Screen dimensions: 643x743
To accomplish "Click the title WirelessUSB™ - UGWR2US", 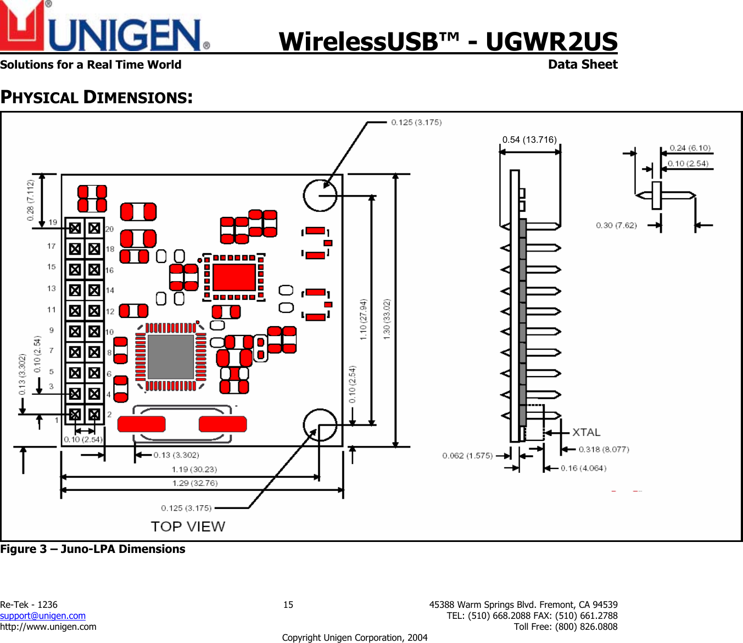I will (x=448, y=42).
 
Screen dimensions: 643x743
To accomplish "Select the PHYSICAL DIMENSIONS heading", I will (x=96, y=97).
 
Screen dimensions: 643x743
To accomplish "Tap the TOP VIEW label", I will (x=188, y=526).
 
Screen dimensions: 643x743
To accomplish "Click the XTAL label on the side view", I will (x=586, y=432).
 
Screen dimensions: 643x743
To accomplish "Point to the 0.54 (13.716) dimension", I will (x=529, y=139).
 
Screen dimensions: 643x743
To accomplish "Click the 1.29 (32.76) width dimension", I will (x=194, y=483).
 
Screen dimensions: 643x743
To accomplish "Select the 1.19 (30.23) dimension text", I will (x=194, y=469).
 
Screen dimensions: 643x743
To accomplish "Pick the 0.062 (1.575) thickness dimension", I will (x=467, y=455).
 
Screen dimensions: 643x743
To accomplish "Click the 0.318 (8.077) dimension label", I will (x=604, y=449).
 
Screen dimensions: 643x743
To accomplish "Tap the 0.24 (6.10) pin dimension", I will (x=690, y=148).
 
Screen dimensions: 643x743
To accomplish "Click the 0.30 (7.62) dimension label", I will (x=616, y=225).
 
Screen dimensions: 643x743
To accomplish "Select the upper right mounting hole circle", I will (x=320, y=195).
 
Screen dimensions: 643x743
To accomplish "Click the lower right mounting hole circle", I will (x=320, y=425).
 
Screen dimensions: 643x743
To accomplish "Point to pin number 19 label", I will (x=53, y=222).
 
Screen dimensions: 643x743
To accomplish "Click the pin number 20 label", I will (x=109, y=229).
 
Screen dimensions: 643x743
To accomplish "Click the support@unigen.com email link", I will (x=43, y=616).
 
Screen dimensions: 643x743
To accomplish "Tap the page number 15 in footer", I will (x=288, y=605).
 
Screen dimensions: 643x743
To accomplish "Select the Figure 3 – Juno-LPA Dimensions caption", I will (x=93, y=549).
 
